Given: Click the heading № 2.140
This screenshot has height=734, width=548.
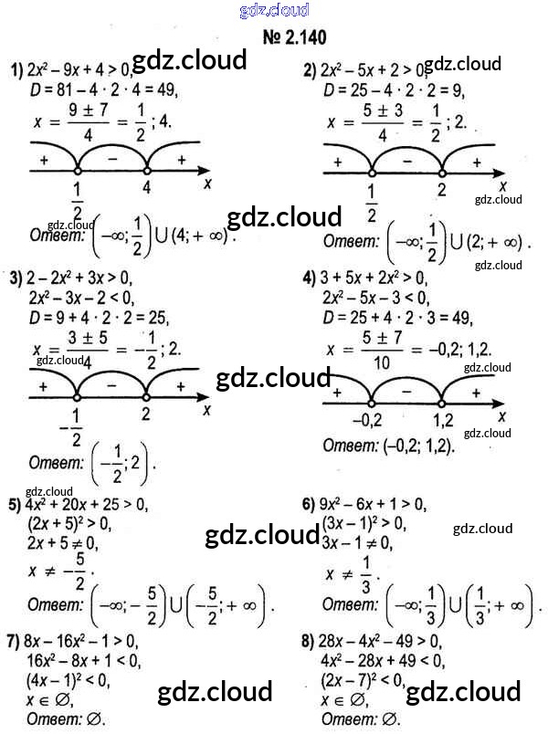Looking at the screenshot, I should [x=294, y=37].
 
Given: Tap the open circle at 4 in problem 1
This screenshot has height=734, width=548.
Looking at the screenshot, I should [x=147, y=171].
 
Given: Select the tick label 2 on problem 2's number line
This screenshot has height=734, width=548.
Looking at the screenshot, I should [x=441, y=190].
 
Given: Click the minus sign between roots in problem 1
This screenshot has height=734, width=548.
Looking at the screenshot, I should [x=112, y=158].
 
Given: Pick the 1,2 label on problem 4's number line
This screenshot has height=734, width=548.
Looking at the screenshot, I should [x=442, y=422].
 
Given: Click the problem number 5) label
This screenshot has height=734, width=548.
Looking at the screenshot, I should [x=15, y=505].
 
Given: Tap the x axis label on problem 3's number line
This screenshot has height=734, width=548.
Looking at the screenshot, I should [x=207, y=410].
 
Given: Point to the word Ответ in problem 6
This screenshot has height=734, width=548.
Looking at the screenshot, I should [x=351, y=603].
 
